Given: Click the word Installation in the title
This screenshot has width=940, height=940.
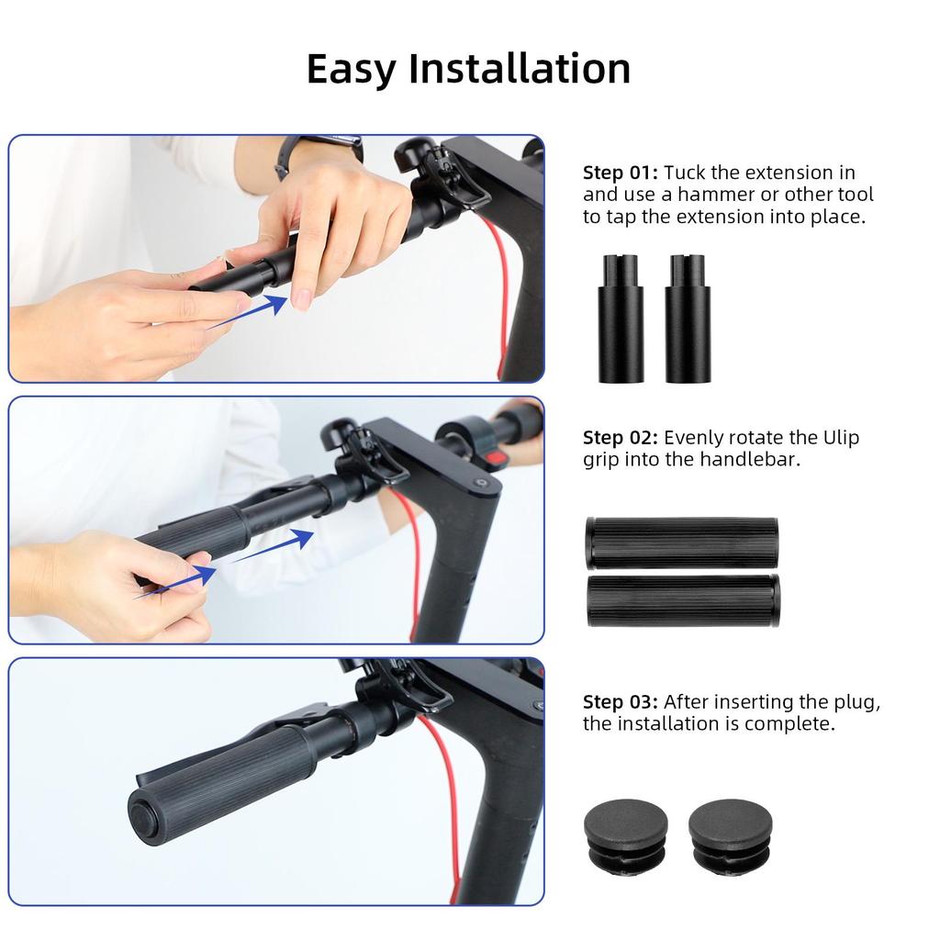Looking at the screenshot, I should point(520,70).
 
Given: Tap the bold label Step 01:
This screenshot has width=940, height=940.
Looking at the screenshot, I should point(621,173).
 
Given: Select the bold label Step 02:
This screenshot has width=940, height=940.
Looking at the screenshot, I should point(621,437).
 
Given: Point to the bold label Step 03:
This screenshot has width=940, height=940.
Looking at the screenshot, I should point(621,701).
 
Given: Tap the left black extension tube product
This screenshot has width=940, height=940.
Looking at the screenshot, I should point(621,321).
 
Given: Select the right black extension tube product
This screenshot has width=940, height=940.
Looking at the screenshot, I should point(688,321).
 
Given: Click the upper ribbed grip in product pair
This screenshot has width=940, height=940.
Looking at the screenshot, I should point(681,543).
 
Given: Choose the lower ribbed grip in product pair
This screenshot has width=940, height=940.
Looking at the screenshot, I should point(683,600).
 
